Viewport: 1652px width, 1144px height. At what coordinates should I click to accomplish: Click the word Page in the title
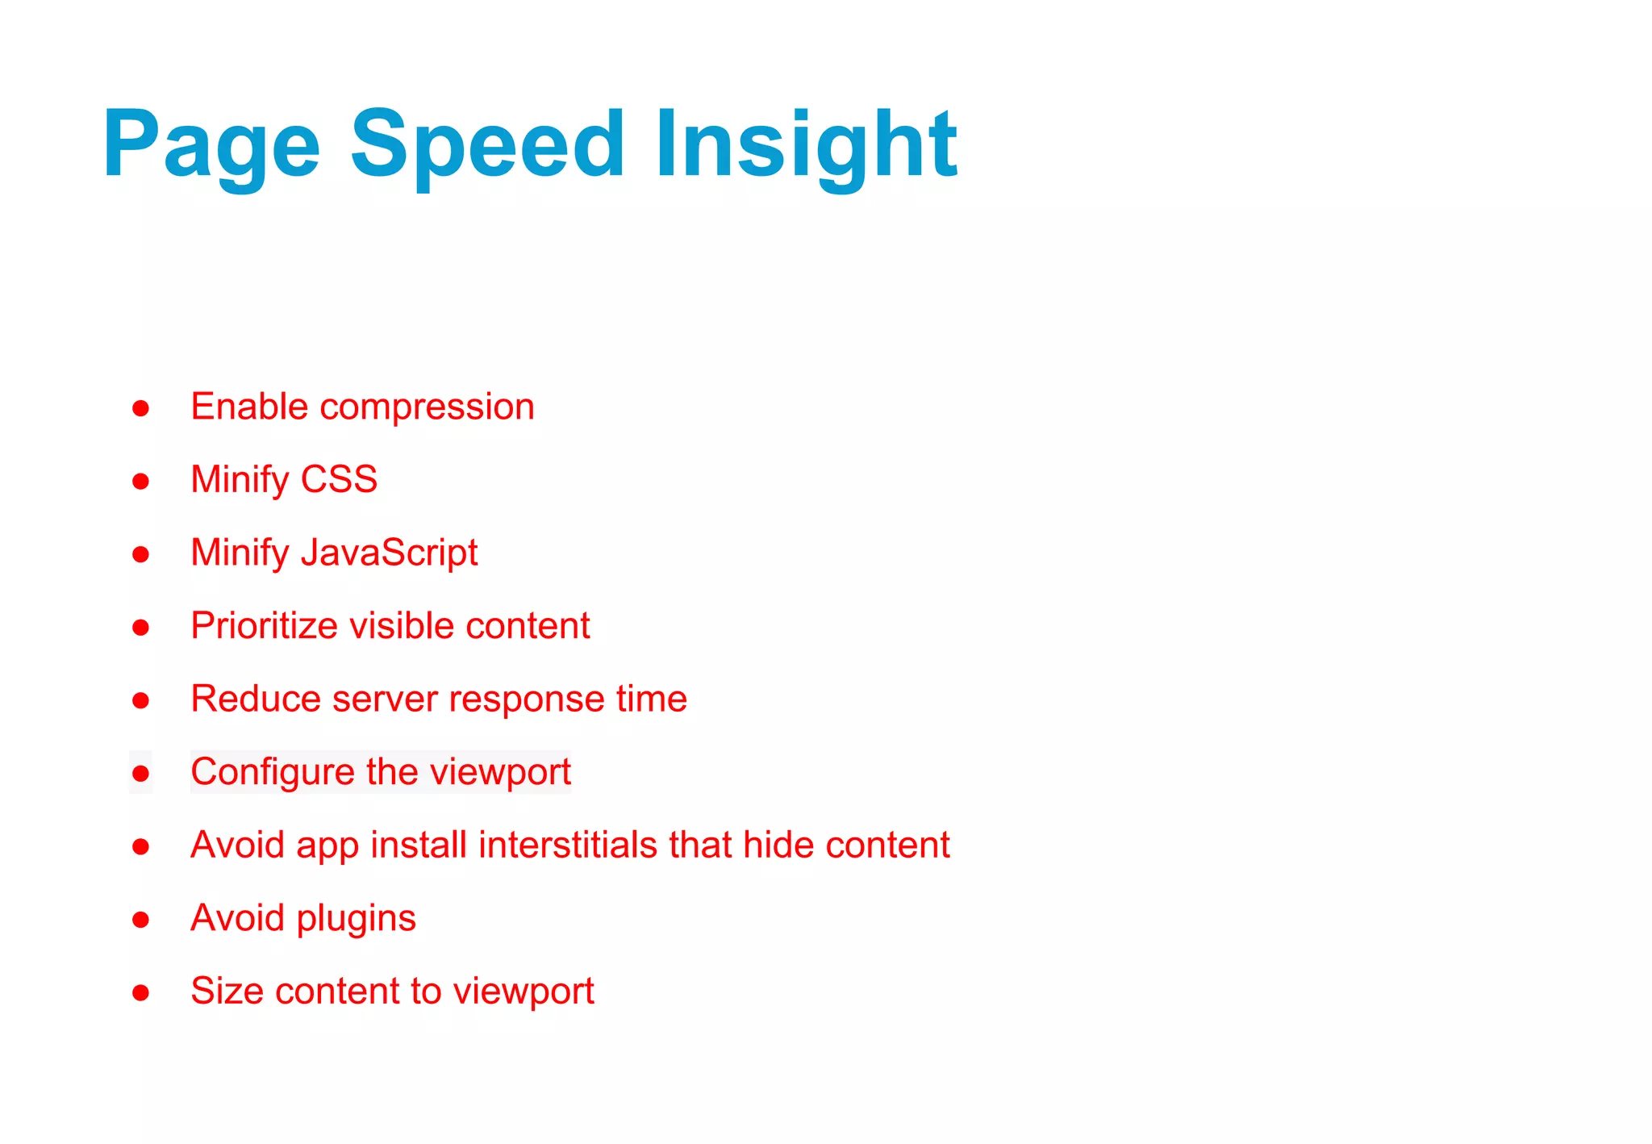click(x=211, y=145)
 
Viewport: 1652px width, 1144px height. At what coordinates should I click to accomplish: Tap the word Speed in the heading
click(x=487, y=145)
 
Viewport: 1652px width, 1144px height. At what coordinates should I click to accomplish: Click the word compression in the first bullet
click(x=427, y=407)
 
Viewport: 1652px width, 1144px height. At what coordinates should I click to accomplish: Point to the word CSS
click(x=339, y=480)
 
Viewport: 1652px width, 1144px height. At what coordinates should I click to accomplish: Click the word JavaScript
click(x=390, y=553)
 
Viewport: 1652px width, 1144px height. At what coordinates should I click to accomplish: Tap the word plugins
click(x=356, y=919)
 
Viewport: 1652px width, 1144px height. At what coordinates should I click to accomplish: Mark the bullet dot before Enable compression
click(x=141, y=408)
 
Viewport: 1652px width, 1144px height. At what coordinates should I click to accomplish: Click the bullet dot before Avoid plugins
click(x=141, y=920)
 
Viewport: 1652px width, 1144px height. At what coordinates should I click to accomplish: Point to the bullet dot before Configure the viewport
click(x=141, y=774)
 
